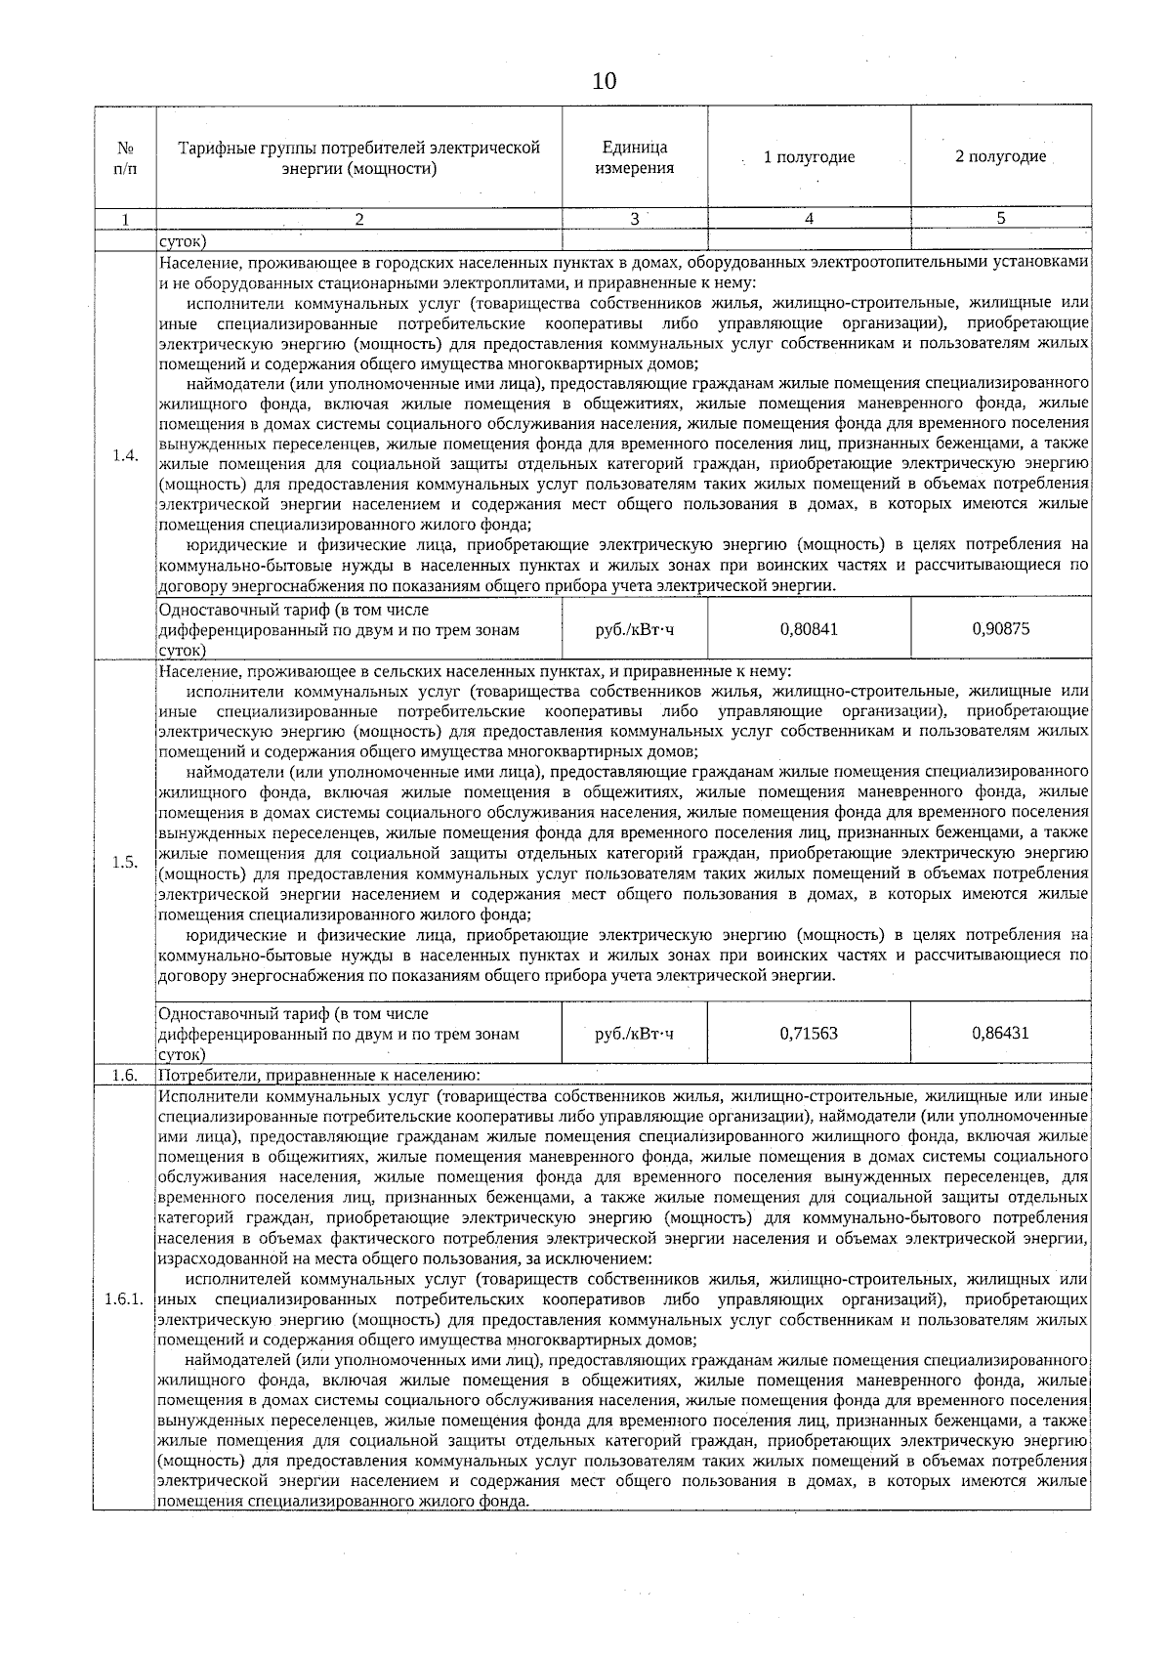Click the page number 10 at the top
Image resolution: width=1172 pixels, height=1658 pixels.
click(605, 81)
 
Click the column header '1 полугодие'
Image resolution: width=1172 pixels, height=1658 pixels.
click(809, 157)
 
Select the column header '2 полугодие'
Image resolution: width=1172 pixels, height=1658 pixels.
click(1000, 156)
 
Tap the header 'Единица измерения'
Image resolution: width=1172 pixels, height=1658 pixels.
click(635, 157)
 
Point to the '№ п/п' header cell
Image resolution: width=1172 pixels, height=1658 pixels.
click(125, 158)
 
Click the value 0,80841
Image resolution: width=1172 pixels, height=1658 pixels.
click(809, 629)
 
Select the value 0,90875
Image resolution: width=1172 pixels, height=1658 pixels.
click(1000, 629)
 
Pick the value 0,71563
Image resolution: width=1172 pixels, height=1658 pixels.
click(809, 1033)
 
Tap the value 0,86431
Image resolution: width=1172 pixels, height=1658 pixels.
click(1000, 1033)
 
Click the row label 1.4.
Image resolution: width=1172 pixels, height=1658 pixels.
click(125, 456)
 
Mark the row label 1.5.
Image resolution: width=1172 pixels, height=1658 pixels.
click(125, 862)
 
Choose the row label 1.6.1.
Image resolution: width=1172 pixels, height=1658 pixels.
click(125, 1300)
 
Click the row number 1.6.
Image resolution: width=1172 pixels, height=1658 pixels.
click(125, 1076)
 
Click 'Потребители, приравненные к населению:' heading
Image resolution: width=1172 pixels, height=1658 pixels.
click(319, 1076)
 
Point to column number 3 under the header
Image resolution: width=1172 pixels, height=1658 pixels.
click(635, 220)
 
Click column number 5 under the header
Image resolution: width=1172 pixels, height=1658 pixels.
click(1000, 220)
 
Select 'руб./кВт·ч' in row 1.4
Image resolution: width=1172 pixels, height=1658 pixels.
click(635, 630)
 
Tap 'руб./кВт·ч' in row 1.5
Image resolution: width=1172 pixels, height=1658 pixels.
click(635, 1034)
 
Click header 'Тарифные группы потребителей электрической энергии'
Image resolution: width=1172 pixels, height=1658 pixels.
click(359, 157)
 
